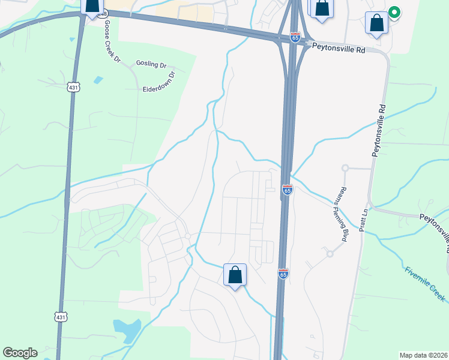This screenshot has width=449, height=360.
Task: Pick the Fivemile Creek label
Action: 425,283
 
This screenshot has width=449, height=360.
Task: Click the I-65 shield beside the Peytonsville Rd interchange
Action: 295,37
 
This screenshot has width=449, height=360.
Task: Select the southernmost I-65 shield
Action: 283,274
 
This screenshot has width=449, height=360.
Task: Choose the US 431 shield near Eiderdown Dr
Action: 73,88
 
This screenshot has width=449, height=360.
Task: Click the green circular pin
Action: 394,12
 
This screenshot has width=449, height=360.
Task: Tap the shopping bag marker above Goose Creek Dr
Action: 92,6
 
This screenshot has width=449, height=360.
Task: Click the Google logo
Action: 20,353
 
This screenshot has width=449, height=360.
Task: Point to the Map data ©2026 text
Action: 423,355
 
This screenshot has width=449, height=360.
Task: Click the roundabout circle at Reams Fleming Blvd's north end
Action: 345,169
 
